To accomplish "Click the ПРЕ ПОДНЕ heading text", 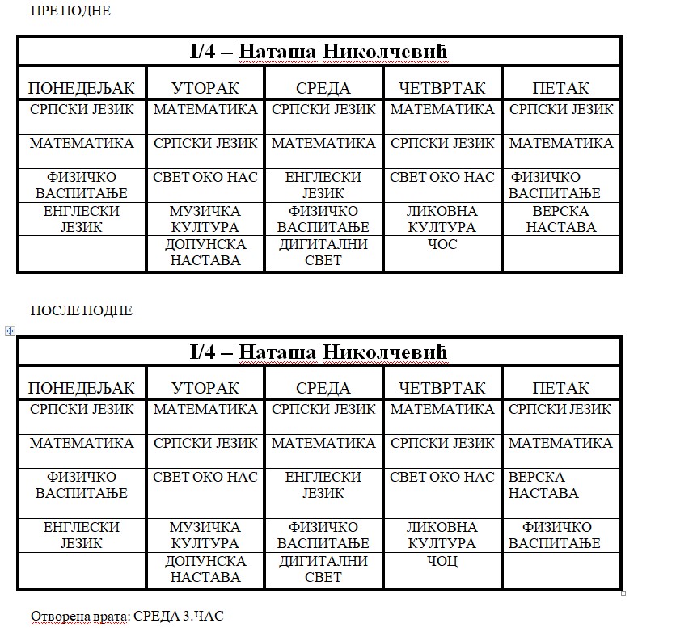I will pos(70,11).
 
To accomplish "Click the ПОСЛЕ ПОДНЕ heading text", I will pos(81,310).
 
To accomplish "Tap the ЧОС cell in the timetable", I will pos(442,244).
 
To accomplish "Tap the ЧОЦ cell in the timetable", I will pos(442,560).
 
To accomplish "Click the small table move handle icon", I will pos(10,330).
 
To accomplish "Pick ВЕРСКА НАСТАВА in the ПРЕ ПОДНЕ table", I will pos(561,219).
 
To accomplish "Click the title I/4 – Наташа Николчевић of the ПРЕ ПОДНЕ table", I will pos(319,52).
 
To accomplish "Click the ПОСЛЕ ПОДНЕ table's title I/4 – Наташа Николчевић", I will pos(319,352).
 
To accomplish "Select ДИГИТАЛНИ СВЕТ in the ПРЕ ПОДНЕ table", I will pos(323,252).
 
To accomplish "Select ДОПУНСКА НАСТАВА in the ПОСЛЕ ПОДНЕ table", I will pos(205,568).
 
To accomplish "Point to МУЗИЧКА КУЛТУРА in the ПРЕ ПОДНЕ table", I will pos(205,219).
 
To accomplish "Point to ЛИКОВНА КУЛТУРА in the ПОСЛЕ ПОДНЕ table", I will pos(442,534).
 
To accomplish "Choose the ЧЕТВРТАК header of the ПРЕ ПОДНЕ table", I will pos(442,87).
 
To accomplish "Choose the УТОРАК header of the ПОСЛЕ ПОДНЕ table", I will pos(205,388).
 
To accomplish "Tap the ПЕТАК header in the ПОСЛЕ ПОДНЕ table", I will pos(561,388).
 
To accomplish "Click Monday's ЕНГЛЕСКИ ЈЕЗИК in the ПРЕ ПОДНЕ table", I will pos(82,219).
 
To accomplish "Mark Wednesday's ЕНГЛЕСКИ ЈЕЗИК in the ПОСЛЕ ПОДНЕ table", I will pos(323,485).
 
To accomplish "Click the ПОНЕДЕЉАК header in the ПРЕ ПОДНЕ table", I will pos(82,87).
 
